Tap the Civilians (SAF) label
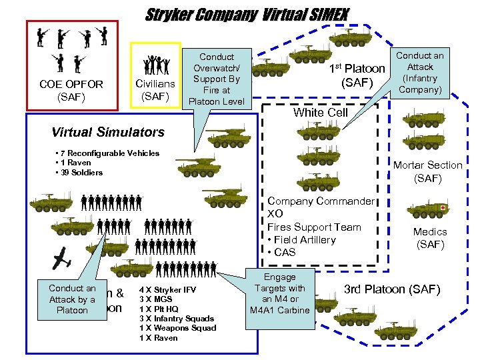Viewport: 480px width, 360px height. [155, 91]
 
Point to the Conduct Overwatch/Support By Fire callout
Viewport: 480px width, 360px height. [217, 79]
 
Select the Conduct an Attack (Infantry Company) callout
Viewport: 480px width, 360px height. [419, 73]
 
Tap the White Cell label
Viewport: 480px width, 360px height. [321, 112]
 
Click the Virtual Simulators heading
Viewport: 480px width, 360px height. [107, 131]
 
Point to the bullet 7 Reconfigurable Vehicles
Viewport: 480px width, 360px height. [109, 153]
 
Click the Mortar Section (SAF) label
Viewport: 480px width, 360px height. [427, 171]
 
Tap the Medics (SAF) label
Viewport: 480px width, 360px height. [430, 238]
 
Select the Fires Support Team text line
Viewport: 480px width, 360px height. [314, 227]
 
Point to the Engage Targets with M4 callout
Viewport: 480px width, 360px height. [280, 293]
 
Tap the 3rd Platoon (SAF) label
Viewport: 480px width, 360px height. [392, 289]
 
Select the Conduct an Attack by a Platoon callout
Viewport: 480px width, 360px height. [72, 299]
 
